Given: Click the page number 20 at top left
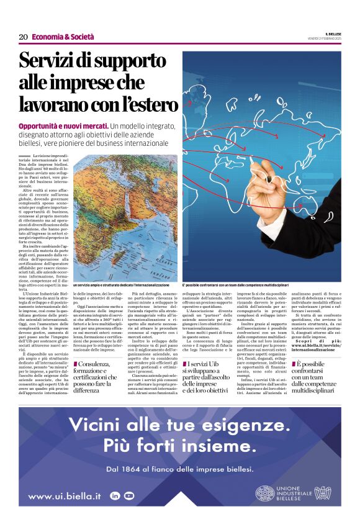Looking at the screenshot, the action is coord(23,37).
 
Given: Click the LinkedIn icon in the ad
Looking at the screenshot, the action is coord(115,495).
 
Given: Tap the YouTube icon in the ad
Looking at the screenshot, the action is coord(129,495).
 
